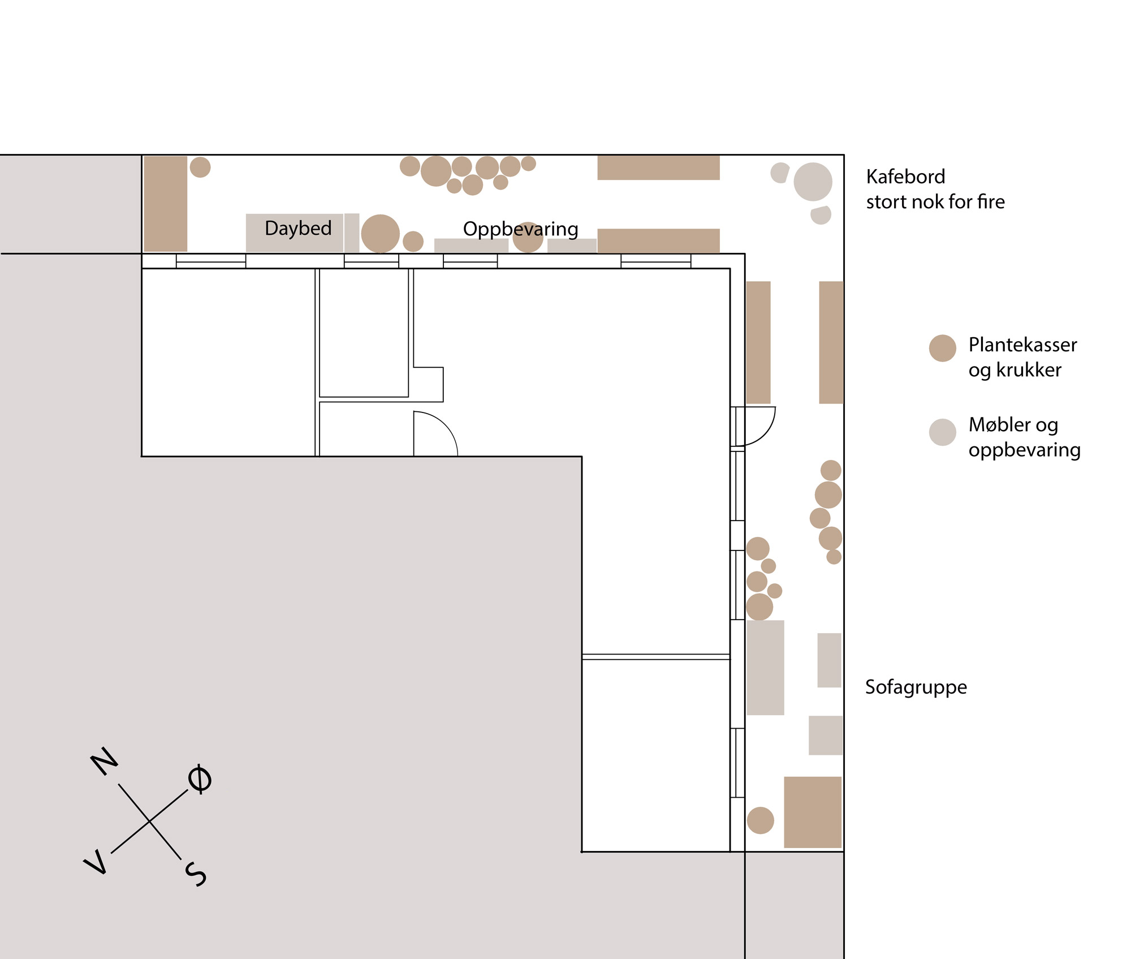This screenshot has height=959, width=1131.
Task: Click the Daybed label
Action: (298, 229)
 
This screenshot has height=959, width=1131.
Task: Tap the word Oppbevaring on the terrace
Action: (520, 229)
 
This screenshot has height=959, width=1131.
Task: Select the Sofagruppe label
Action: (916, 687)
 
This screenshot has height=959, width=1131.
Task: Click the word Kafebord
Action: (905, 177)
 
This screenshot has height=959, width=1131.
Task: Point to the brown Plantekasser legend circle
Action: (943, 348)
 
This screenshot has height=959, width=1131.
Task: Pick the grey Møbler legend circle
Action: (943, 432)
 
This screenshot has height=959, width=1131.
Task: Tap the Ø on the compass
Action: (200, 779)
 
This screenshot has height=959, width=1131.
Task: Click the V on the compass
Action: (95, 862)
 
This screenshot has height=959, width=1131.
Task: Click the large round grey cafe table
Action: (813, 182)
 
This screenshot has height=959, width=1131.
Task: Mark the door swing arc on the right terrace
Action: (767, 433)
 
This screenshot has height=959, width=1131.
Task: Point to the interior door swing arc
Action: (444, 424)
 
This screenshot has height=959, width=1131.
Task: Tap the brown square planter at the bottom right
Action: (813, 812)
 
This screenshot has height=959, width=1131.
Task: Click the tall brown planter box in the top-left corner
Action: (166, 204)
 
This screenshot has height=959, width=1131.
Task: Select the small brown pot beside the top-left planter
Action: (200, 167)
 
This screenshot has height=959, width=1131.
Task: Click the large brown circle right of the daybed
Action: (381, 234)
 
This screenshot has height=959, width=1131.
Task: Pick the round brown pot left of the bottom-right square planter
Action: (761, 820)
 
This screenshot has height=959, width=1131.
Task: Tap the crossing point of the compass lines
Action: (149, 821)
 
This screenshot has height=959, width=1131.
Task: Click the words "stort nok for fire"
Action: (935, 201)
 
